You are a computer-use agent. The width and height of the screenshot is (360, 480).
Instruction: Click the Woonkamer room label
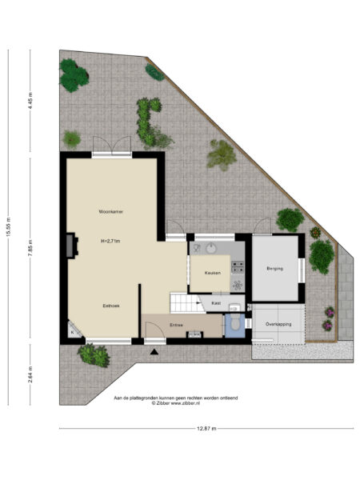pos(110,211)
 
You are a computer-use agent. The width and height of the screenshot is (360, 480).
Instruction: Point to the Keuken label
pos(212,274)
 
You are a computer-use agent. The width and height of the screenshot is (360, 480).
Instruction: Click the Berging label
pos(275,269)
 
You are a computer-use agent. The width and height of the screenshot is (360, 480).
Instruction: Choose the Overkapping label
pos(278,324)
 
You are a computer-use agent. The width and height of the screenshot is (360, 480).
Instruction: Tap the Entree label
pos(176,325)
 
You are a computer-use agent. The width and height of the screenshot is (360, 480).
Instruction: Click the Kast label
pos(216,304)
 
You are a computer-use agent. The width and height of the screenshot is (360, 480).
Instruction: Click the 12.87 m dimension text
pos(206,430)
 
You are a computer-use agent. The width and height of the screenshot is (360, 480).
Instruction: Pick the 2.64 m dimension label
pos(30,374)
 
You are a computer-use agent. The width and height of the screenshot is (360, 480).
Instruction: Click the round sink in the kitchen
pos(210,249)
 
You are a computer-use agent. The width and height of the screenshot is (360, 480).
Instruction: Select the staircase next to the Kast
pos(184,303)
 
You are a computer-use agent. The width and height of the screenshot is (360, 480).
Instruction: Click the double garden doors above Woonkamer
pos(110,148)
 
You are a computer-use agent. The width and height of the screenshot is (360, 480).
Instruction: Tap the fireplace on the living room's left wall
pos(71,245)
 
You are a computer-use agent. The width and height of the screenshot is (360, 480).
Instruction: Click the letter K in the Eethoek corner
pos(71,331)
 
